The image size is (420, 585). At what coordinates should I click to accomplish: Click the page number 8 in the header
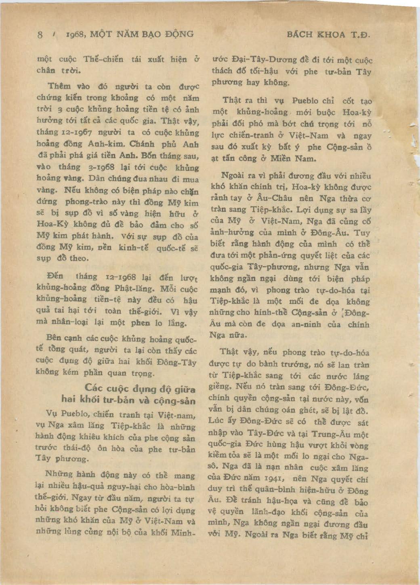(40, 34)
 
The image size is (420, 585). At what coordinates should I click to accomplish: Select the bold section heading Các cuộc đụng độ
(140, 389)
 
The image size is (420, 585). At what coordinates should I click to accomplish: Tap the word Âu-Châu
(273, 198)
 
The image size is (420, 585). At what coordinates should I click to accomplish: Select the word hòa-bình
(174, 487)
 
